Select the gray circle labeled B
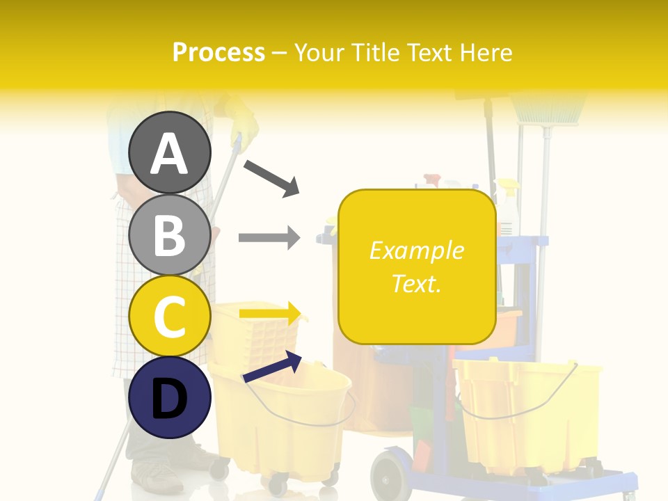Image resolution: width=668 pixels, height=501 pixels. tap(170, 234)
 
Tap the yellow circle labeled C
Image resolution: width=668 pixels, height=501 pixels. tap(170, 316)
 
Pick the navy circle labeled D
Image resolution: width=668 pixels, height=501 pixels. tap(170, 397)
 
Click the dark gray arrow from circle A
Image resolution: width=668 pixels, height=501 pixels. tap(271, 177)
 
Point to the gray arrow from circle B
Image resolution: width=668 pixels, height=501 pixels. tap(269, 238)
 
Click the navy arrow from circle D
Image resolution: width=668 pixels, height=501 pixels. tap(272, 367)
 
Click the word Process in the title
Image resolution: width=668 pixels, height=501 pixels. tap(218, 52)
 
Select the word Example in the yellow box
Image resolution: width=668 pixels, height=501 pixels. tap(417, 250)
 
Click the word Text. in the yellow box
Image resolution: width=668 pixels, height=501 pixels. tap(417, 283)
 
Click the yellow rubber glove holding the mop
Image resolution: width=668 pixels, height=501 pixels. tap(240, 118)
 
